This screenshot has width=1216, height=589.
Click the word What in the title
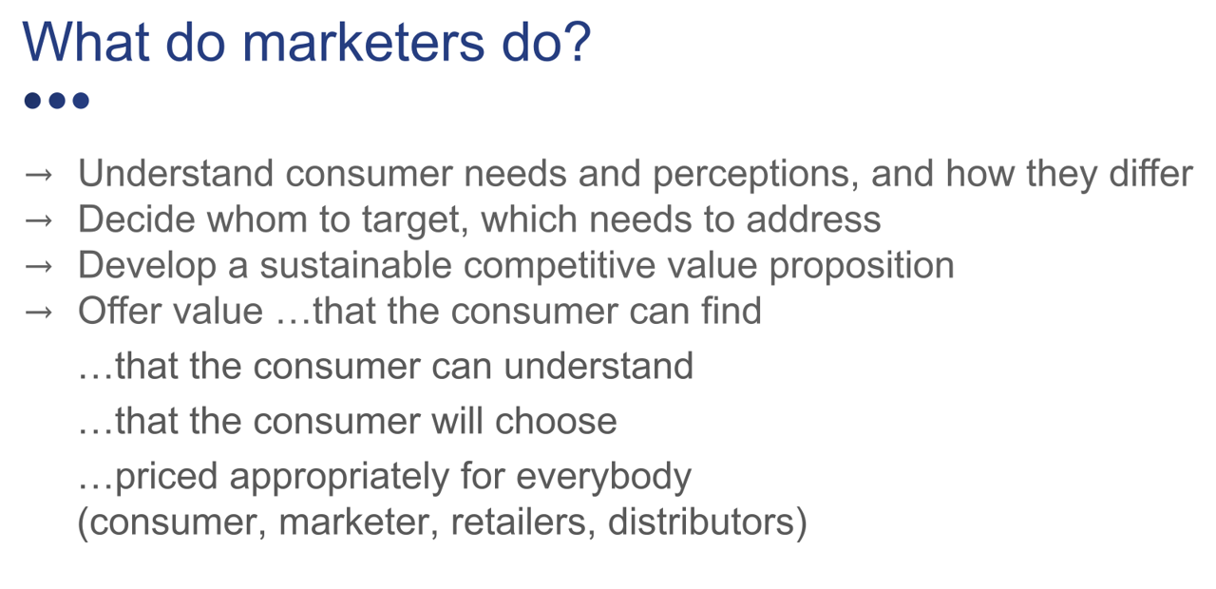(85, 43)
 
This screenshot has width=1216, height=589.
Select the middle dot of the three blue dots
(57, 101)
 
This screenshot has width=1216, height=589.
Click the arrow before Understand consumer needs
(39, 175)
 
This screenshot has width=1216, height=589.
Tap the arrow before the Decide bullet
(39, 220)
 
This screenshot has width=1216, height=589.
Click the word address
(813, 219)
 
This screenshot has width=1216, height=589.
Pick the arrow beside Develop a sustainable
(39, 267)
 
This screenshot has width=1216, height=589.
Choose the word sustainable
(355, 265)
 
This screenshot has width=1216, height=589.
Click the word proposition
(862, 266)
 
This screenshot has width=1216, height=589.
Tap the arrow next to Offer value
(39, 313)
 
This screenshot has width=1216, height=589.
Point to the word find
(731, 311)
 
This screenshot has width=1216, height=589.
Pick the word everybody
(603, 477)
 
